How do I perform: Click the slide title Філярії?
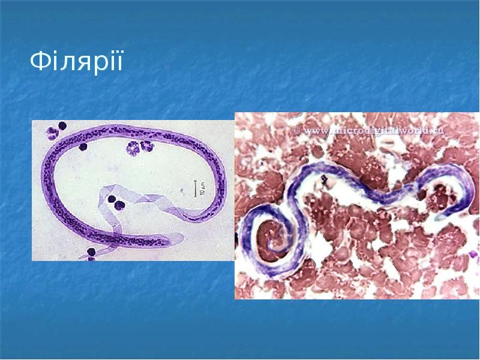[76, 61]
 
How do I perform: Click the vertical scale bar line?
[194, 188]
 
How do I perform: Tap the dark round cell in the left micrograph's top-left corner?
[61, 127]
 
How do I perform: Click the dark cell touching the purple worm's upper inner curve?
[83, 146]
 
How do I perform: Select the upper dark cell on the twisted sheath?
[111, 199]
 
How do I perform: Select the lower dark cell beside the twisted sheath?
[119, 206]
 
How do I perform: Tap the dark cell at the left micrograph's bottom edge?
[91, 253]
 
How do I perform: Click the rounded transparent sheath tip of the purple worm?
[180, 238]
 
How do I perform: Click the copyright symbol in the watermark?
[296, 129]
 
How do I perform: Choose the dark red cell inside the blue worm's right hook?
[442, 193]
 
